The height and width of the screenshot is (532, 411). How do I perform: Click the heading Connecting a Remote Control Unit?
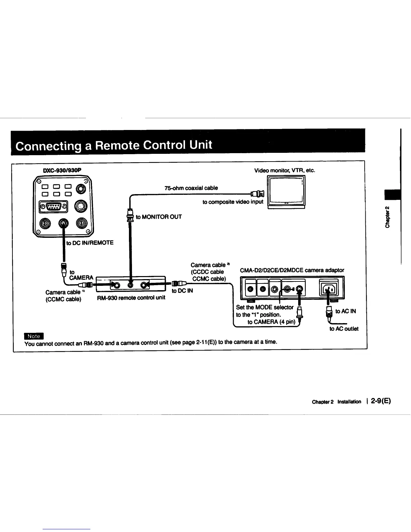(x=114, y=145)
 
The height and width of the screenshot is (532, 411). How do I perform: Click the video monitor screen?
(x=286, y=190)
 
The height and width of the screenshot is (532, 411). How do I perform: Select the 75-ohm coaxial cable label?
(x=191, y=188)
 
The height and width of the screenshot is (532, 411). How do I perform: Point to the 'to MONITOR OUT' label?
(x=158, y=217)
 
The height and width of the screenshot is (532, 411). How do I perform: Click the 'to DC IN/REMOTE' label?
(x=90, y=242)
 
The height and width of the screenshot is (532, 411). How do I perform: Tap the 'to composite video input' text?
(x=233, y=202)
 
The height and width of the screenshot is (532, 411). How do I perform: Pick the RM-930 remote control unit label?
(x=131, y=298)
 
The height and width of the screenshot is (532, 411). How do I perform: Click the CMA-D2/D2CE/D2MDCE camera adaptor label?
(x=292, y=270)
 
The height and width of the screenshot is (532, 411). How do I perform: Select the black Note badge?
(x=34, y=336)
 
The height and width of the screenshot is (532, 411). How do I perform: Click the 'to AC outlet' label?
(x=344, y=328)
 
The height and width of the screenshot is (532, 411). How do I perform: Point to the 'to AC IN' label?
(x=346, y=311)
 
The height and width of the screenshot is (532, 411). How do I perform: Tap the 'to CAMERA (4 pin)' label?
(x=271, y=322)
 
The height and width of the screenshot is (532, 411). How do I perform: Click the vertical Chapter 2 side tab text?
(x=387, y=217)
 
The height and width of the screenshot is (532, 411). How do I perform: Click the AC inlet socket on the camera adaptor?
(x=329, y=289)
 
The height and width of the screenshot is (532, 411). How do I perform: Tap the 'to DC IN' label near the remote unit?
(x=182, y=291)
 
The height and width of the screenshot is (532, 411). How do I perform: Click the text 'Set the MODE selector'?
(x=265, y=307)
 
